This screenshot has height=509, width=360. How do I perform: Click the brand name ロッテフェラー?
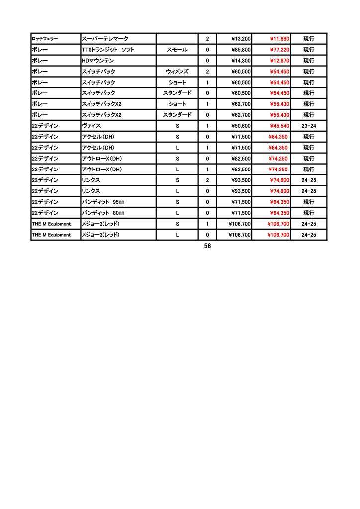tap(45, 39)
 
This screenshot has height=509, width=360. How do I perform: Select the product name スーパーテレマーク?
tap(104, 39)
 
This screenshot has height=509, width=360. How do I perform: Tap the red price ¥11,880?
tap(279, 39)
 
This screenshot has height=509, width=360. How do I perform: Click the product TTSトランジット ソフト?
tap(108, 50)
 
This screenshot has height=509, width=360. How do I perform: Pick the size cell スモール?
tap(177, 50)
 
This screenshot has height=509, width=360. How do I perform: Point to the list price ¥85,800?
tap(241, 50)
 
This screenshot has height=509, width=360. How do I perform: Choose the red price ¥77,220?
tap(279, 50)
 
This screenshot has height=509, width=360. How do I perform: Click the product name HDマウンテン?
tap(97, 61)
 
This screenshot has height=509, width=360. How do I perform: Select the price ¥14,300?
tap(241, 61)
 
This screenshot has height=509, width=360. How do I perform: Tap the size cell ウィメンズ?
tap(177, 72)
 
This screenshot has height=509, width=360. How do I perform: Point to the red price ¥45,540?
tap(279, 126)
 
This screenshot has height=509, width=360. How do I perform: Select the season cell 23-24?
tap(309, 126)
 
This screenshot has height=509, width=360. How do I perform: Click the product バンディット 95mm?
tap(103, 202)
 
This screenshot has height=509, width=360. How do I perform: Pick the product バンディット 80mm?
tap(103, 213)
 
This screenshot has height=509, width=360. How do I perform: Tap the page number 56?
tap(207, 246)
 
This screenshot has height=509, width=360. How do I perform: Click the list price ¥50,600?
tap(241, 126)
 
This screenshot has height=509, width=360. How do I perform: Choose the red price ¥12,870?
tap(279, 61)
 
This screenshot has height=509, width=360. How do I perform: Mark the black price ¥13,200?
tap(241, 39)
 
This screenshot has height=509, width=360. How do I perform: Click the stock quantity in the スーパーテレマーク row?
tap(207, 39)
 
